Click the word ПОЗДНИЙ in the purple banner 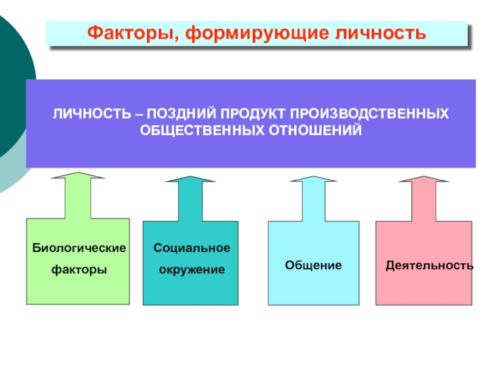tap(178, 115)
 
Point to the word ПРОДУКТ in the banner tap(247, 115)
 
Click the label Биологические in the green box tap(79, 248)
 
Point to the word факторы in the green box tap(79, 269)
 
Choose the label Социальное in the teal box tap(192, 248)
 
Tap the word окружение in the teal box tap(190, 269)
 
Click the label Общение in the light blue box tap(313, 265)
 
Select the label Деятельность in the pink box tap(429, 265)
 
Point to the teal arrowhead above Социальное tap(190, 180)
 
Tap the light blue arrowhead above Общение tap(312, 180)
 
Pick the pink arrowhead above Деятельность tap(423, 180)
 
